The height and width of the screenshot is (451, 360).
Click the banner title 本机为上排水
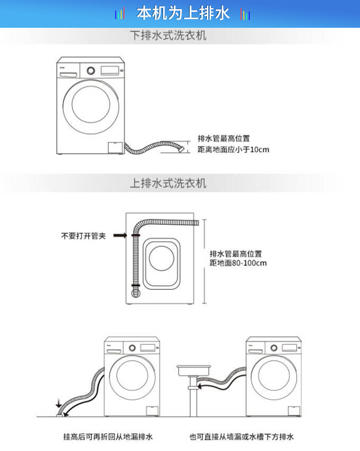[183, 14]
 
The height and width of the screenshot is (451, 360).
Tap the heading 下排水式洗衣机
[168, 36]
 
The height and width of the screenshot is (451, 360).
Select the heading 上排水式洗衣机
[168, 183]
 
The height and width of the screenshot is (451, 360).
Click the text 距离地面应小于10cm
[233, 149]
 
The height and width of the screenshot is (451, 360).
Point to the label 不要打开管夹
[83, 236]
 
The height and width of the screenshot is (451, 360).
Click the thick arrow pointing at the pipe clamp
[120, 236]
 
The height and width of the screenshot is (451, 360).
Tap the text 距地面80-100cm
[238, 263]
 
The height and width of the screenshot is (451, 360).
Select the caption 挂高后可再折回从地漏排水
[108, 437]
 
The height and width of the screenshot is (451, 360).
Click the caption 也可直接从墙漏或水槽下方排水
[242, 437]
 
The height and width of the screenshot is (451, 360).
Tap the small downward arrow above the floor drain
[58, 403]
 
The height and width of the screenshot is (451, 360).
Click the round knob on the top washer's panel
[91, 71]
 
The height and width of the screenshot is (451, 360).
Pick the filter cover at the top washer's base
[114, 148]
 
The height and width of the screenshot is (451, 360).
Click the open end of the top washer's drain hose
[183, 149]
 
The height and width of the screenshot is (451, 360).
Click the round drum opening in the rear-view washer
[162, 258]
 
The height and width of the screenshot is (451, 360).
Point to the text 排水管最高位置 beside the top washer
[224, 138]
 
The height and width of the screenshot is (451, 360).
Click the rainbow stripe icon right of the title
[245, 15]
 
